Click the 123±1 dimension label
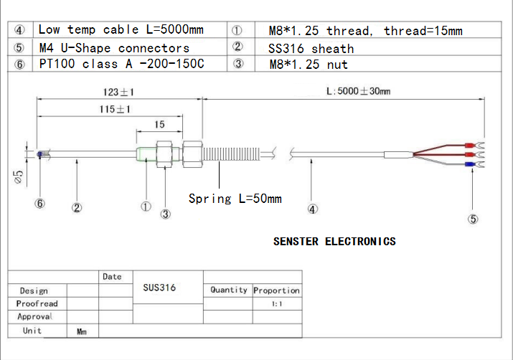tap(118, 93)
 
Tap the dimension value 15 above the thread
tap(159, 124)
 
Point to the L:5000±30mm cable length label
tap(359, 92)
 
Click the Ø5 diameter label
tap(19, 176)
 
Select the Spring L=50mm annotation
tap(235, 198)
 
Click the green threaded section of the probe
tap(146, 153)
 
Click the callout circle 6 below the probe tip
tap(40, 203)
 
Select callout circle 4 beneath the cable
tap(312, 209)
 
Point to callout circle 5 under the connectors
tap(472, 219)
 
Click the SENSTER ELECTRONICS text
tap(334, 242)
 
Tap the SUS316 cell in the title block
tap(159, 287)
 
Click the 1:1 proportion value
tap(276, 304)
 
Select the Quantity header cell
tap(228, 290)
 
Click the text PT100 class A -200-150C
tap(121, 65)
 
